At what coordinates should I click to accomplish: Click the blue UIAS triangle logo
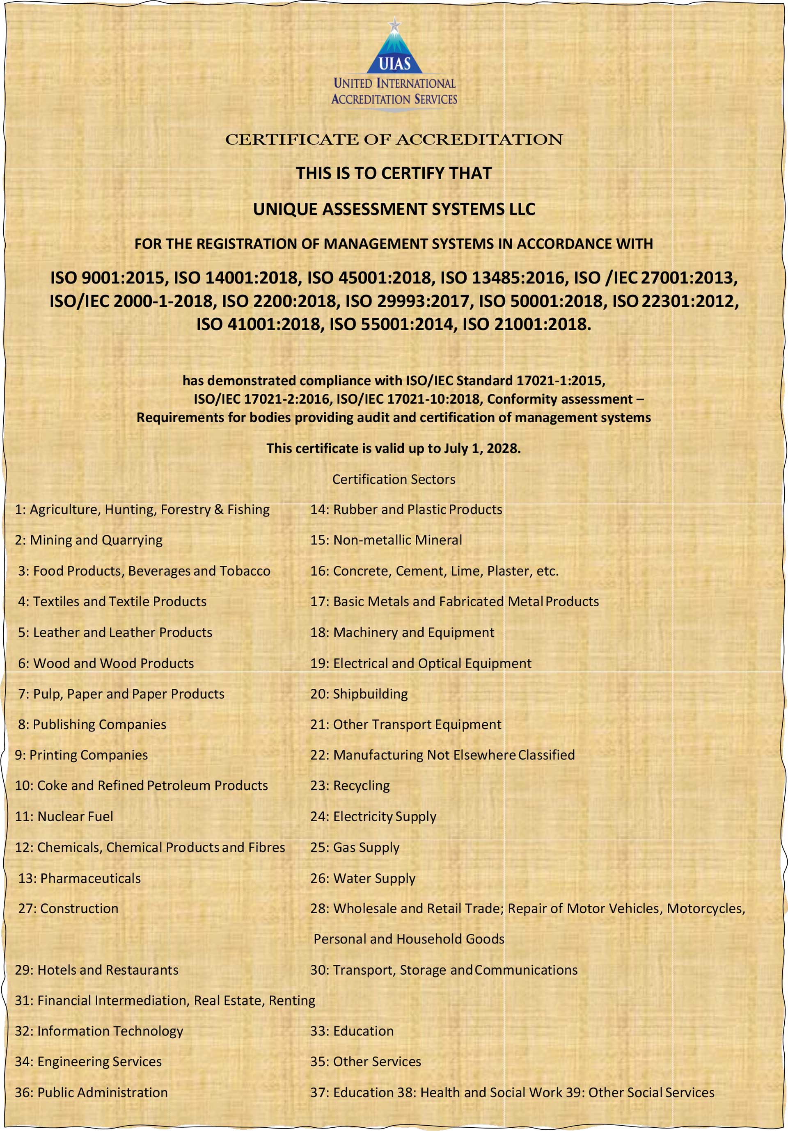(394, 52)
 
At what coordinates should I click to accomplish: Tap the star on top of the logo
(394, 23)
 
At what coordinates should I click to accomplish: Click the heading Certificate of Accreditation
(394, 140)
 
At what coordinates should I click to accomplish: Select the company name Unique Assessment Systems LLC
(394, 209)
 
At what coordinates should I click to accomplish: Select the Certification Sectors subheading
(394, 479)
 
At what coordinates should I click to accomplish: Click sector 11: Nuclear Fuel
(64, 816)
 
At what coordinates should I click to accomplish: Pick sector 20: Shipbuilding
(359, 694)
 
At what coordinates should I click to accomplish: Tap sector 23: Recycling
(350, 785)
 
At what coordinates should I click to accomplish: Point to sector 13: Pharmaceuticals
(79, 878)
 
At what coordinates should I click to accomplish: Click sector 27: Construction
(69, 908)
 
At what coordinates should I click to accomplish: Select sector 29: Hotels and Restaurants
(96, 970)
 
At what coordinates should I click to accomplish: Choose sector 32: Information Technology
(99, 1031)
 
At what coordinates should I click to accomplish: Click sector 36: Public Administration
(91, 1092)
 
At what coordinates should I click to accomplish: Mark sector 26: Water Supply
(363, 878)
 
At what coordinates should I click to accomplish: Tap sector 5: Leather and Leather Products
(115, 633)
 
